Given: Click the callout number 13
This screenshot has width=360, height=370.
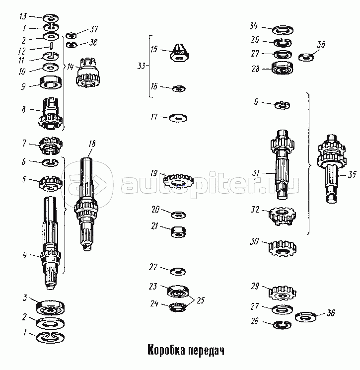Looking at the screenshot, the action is point(23,16).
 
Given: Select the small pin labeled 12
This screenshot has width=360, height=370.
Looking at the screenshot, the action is point(51,46).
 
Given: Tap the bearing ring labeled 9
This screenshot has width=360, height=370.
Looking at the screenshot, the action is point(51,82).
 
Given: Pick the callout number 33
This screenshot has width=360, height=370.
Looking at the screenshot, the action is point(141,66).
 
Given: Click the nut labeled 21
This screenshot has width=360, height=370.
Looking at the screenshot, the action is point(178,232).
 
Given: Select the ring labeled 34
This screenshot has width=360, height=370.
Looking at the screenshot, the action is point(283,30).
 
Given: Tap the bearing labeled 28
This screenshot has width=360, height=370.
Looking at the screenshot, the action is point(283,68).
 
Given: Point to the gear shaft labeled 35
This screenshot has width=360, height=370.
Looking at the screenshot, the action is point(332,168).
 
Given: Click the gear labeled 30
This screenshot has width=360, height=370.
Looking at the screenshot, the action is point(283,248).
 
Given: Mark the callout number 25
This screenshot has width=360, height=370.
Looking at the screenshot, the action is point(200,300).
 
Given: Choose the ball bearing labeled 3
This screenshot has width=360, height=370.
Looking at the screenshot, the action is point(50,308).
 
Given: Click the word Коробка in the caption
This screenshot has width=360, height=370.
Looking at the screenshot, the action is point(166,350).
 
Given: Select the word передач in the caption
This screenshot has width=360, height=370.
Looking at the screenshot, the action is point(206,351).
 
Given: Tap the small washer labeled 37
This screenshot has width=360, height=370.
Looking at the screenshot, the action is point(71,36).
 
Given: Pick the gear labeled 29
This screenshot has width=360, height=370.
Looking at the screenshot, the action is point(282,293).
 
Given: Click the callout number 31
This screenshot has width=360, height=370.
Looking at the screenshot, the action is point(256,173).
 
